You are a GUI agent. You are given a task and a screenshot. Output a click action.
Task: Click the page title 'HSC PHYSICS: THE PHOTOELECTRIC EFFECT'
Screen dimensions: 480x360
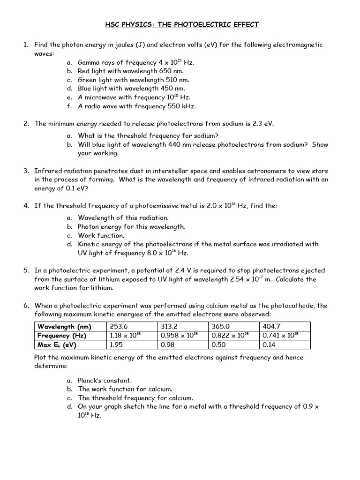(x=180, y=24)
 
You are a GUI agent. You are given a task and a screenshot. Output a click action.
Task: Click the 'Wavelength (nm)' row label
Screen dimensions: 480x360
(x=64, y=326)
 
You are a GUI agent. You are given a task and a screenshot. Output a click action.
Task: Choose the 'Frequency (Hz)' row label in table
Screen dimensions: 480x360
(x=62, y=336)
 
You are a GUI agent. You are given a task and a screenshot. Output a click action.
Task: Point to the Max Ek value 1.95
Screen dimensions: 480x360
(x=116, y=345)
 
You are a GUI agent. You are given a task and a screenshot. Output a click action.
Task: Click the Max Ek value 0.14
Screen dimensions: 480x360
(x=270, y=345)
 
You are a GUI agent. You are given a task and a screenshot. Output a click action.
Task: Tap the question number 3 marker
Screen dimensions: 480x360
(x=26, y=171)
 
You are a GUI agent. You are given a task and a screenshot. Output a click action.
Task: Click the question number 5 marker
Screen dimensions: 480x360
(x=26, y=270)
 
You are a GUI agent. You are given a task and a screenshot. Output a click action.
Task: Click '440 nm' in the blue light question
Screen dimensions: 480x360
(x=178, y=144)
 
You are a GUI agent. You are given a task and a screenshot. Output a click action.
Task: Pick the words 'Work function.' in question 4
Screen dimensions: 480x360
(x=101, y=235)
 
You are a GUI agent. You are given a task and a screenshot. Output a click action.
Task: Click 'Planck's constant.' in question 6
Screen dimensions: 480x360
(x=105, y=380)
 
